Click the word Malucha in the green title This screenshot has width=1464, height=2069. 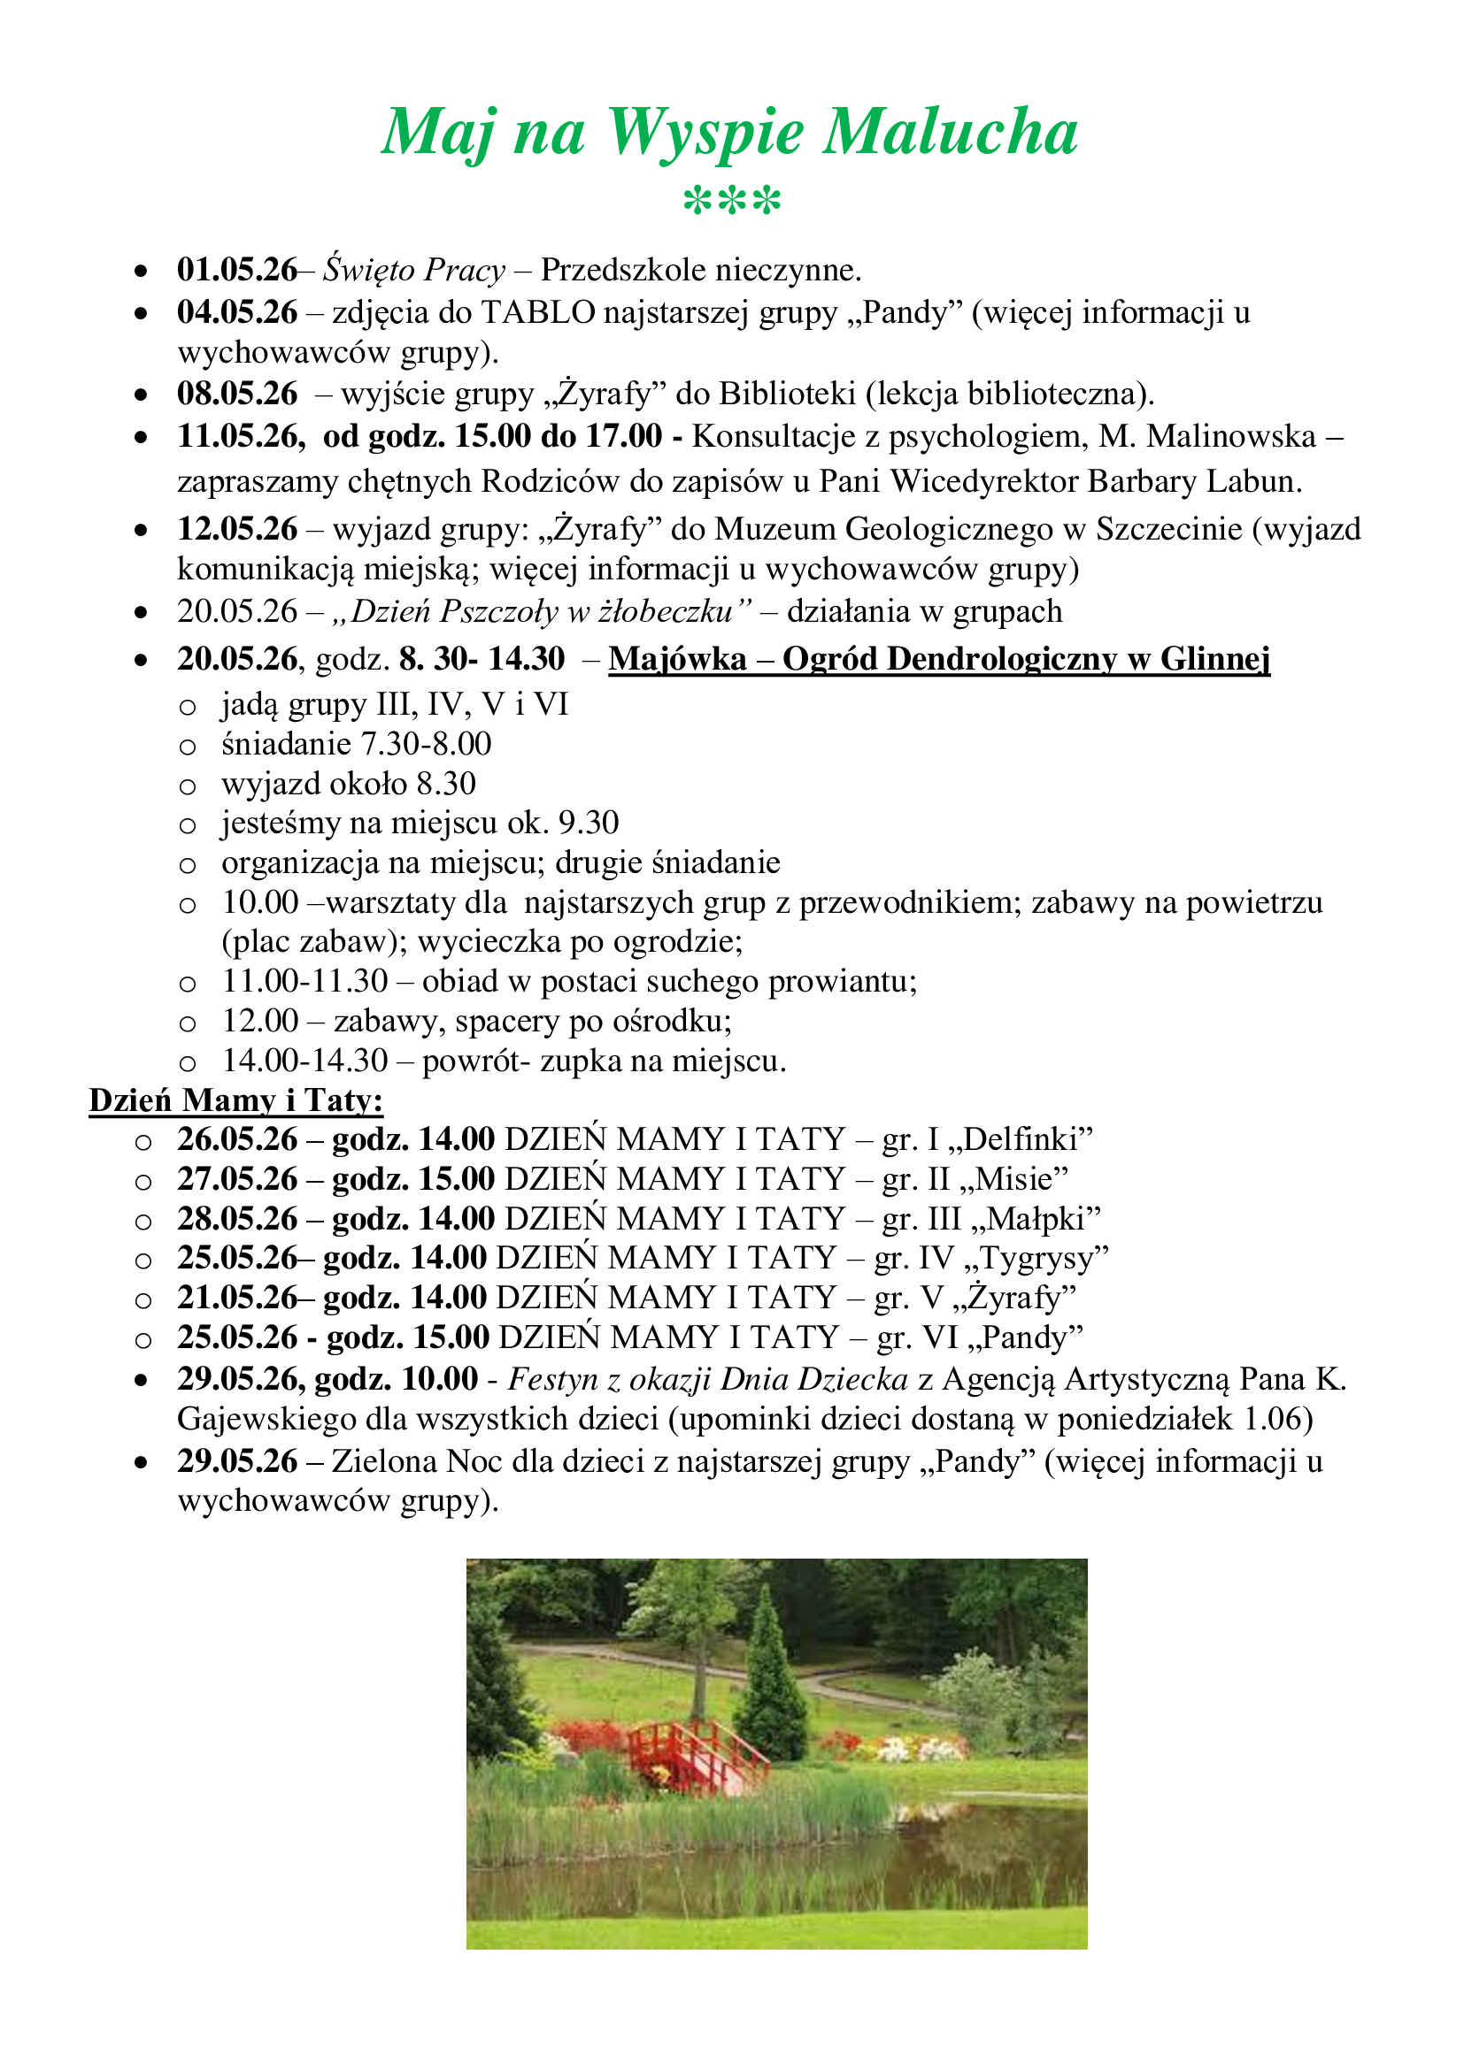950,134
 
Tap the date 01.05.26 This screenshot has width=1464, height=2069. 236,270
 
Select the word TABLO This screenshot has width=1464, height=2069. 538,311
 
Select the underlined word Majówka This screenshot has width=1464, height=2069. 677,659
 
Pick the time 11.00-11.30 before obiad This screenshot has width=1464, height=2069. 304,981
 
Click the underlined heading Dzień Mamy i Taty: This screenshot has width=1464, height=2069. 236,1100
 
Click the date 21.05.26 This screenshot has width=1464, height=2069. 236,1298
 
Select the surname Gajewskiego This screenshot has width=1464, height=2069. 266,1418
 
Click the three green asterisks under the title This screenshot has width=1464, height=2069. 732,201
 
